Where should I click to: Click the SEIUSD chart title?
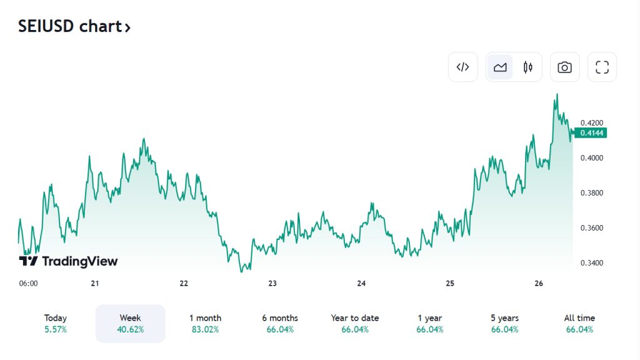pos(74,27)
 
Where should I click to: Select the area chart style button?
pos(500,67)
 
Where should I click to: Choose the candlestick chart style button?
pos(528,67)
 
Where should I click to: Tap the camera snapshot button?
pos(564,67)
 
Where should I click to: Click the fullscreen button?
pos(602,67)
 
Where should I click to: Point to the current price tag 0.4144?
pos(591,132)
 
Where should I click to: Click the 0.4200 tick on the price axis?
pos(591,122)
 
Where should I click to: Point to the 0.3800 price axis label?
pos(591,192)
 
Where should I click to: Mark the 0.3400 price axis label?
pos(591,262)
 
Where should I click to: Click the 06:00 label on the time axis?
pos(28,283)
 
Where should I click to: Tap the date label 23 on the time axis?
pos(272,283)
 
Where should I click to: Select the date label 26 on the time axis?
pos(539,283)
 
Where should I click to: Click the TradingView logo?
pos(68,261)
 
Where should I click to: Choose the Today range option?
pos(56,323)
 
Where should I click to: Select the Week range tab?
pos(130,323)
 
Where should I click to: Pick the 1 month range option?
pos(205,323)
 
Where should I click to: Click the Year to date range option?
pos(354,323)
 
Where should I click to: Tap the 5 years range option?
pos(504,323)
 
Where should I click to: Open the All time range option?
pos(579,323)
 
